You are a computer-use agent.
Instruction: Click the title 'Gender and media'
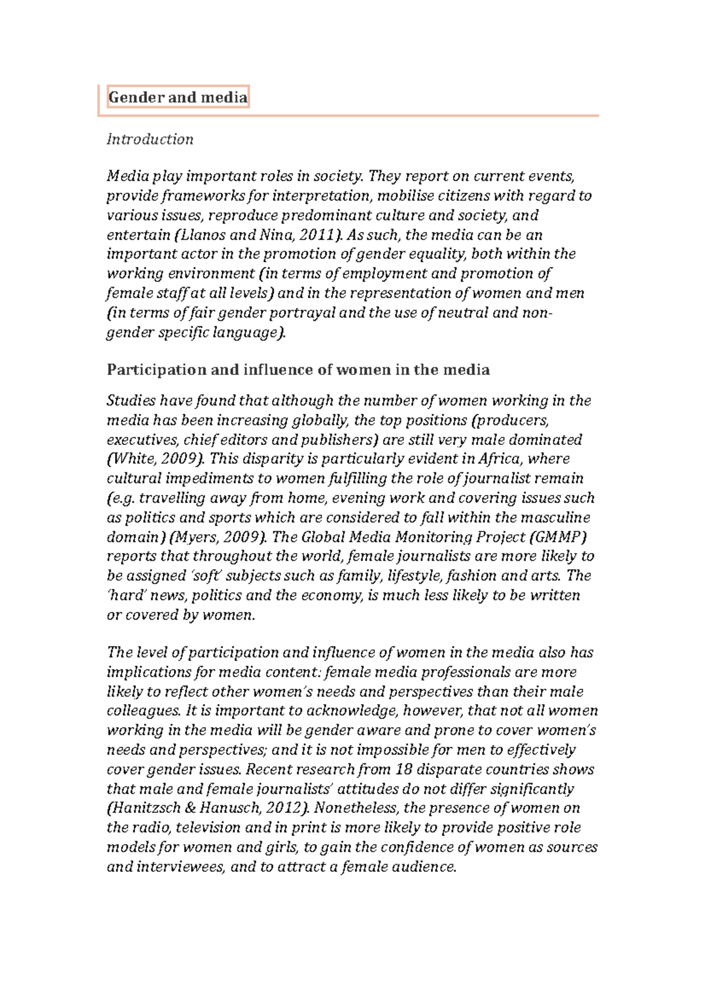[177, 98]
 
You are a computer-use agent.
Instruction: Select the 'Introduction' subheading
[150, 140]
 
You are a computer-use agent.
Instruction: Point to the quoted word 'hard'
[124, 595]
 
